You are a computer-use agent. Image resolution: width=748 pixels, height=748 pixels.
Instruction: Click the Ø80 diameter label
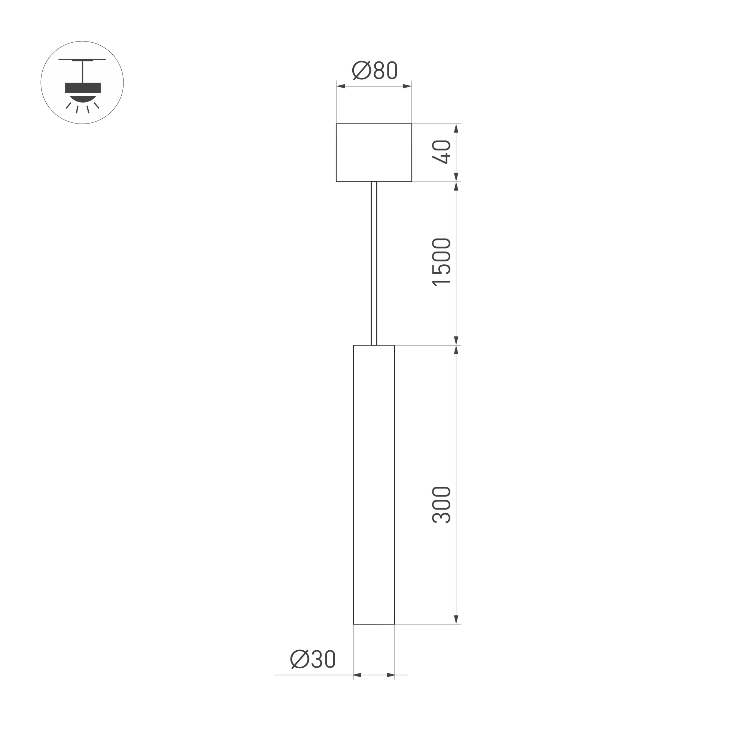pyautogui.click(x=374, y=70)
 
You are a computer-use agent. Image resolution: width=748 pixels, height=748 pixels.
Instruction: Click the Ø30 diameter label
pyautogui.click(x=313, y=659)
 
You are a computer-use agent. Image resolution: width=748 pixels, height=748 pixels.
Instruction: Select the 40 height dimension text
pyautogui.click(x=441, y=152)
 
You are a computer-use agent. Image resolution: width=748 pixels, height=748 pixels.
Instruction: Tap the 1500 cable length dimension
pyautogui.click(x=441, y=262)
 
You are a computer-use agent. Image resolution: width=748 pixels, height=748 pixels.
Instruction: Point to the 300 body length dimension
pyautogui.click(x=441, y=505)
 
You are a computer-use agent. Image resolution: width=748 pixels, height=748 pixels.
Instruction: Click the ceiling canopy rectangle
pyautogui.click(x=374, y=152)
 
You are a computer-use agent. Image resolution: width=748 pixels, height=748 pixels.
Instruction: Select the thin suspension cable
pyautogui.click(x=374, y=263)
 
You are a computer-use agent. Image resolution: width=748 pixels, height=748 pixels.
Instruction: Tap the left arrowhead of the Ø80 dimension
pyautogui.click(x=341, y=86)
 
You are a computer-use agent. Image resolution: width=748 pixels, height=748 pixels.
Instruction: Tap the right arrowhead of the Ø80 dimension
pyautogui.click(x=407, y=86)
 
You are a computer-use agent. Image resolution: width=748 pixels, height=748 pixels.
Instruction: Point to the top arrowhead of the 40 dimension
pyautogui.click(x=456, y=128)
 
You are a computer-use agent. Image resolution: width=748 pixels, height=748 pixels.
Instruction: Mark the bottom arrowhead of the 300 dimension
pyautogui.click(x=456, y=630)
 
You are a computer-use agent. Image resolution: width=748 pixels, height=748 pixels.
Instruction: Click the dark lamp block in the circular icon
pyautogui.click(x=83, y=88)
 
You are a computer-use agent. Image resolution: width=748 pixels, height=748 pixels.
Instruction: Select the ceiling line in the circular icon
pyautogui.click(x=82, y=60)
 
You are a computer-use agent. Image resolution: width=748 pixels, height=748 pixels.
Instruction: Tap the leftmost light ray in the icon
pyautogui.click(x=69, y=105)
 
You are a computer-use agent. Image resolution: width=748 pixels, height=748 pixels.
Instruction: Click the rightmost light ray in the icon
pyautogui.click(x=97, y=105)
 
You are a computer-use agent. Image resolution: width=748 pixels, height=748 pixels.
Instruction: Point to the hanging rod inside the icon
pyautogui.click(x=82, y=71)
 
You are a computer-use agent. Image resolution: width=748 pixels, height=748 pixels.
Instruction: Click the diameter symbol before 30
pyautogui.click(x=299, y=659)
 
